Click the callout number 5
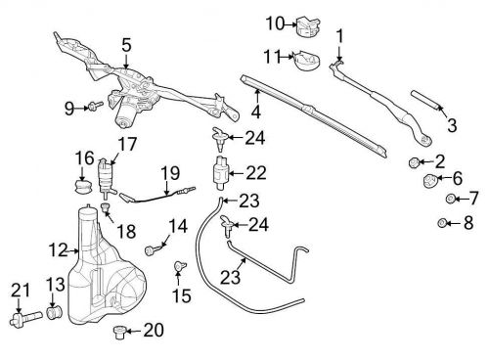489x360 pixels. click(x=126, y=45)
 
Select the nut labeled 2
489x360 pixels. click(x=414, y=162)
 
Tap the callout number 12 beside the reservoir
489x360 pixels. click(x=58, y=250)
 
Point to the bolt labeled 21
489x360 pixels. click(x=25, y=318)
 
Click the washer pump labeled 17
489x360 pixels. click(x=106, y=178)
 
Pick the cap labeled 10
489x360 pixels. click(x=308, y=27)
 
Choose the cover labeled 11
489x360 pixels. click(x=306, y=62)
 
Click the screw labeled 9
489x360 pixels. click(x=95, y=106)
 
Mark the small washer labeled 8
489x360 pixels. click(x=442, y=223)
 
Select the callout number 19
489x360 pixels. click(x=170, y=173)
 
